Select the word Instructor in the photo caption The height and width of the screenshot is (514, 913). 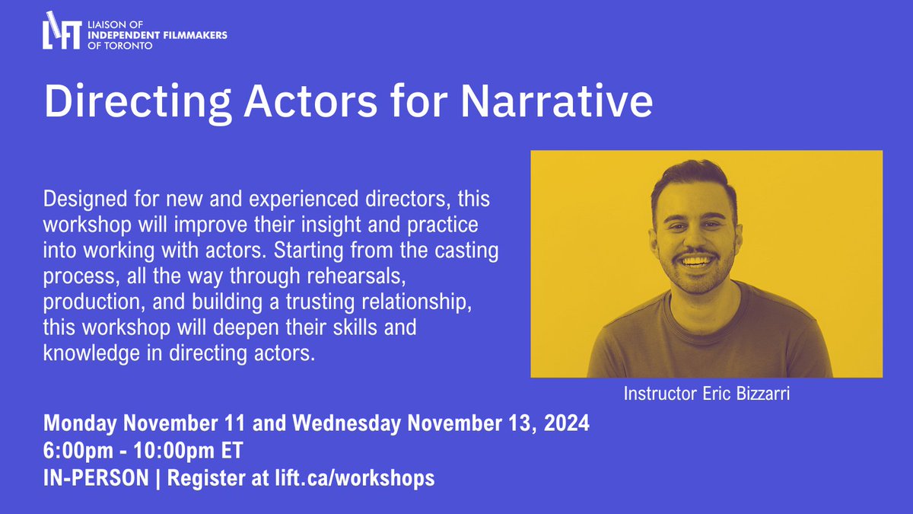point(656,394)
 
